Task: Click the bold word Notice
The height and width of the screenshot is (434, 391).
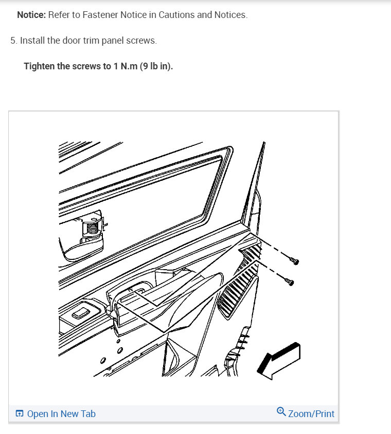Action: tap(31, 15)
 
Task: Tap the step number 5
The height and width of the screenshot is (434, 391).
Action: tap(13, 41)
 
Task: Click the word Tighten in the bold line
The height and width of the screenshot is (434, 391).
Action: tap(39, 67)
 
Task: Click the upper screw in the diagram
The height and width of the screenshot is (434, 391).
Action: tap(294, 260)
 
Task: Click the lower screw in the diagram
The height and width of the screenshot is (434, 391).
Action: tap(289, 281)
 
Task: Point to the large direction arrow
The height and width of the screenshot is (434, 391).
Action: tap(278, 361)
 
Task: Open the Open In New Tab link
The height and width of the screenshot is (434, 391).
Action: tap(61, 413)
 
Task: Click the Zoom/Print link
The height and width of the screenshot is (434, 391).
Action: tap(311, 413)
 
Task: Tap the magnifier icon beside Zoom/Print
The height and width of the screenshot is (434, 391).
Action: tap(281, 411)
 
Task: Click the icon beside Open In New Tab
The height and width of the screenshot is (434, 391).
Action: tap(20, 413)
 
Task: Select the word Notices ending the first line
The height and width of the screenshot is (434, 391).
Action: tap(232, 15)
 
